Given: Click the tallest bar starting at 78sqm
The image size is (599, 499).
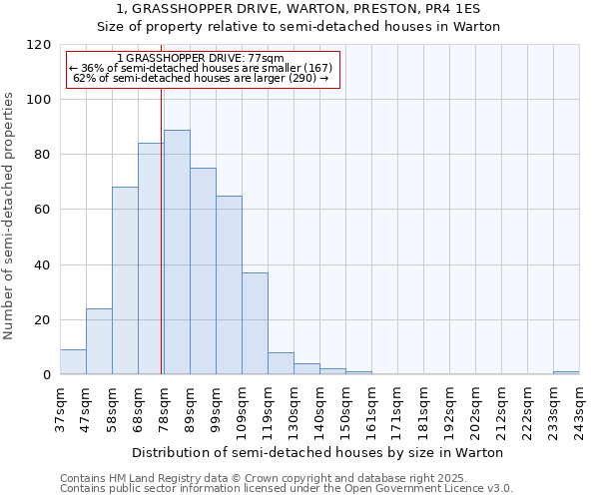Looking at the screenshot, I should tap(177, 252).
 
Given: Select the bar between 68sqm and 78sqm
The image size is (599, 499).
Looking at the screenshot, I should tap(151, 259).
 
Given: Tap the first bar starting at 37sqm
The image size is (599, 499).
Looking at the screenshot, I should tap(73, 362).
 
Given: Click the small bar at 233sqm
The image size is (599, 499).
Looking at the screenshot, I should tap(566, 373).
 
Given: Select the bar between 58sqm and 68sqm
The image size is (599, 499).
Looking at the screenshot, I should tap(125, 280).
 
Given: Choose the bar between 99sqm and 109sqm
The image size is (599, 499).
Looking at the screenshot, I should tap(229, 285).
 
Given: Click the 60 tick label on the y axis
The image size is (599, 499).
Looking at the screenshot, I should tap(43, 210).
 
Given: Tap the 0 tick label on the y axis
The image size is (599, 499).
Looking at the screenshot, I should tap(47, 375).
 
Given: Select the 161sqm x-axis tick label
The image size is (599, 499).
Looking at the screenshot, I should tap(371, 410).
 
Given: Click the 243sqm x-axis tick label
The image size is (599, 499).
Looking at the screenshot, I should tap(579, 410).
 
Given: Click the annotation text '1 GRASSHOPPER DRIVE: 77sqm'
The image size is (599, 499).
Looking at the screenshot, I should tap(200, 58).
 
